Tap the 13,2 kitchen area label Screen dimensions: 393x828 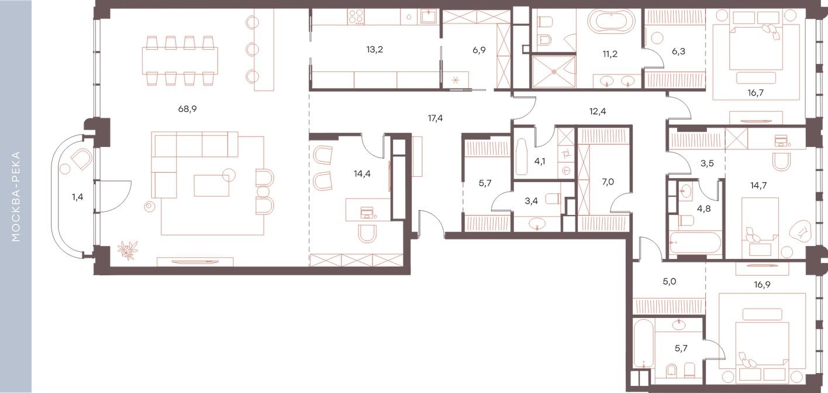click(x=375, y=49)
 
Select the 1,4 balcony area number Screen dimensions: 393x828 click(x=78, y=197)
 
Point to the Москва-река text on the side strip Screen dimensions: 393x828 click(x=16, y=197)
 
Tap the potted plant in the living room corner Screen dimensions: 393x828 click(x=127, y=251)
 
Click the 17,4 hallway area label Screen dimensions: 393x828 click(x=436, y=118)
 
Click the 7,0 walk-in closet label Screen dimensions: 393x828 click(x=608, y=182)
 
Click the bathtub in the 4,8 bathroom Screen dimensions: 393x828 click(x=696, y=244)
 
